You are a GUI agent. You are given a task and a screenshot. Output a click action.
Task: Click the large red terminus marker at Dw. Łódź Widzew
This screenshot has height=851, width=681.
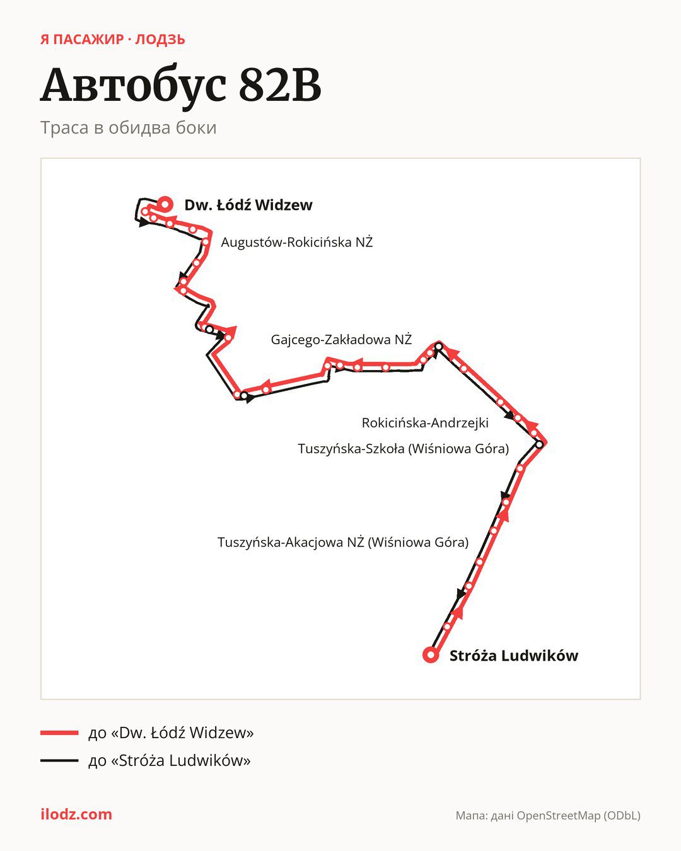[165, 204]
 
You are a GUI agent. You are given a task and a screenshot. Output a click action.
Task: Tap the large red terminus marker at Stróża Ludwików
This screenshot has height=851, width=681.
[431, 655]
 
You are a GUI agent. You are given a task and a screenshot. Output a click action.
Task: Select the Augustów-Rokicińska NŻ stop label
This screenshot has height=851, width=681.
[297, 242]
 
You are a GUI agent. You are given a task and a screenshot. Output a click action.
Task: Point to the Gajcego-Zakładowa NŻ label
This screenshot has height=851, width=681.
[341, 340]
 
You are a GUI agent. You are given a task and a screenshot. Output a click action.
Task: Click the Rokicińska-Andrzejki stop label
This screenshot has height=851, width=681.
[425, 423]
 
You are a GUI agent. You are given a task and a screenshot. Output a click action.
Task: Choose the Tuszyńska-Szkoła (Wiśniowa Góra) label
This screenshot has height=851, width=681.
[403, 449]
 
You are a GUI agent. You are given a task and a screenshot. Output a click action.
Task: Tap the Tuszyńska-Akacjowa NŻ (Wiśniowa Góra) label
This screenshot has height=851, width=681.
[343, 542]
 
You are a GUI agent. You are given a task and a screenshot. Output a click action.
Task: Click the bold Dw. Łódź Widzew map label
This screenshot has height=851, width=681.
[248, 205]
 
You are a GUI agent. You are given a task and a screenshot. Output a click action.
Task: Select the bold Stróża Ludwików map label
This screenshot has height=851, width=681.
[514, 656]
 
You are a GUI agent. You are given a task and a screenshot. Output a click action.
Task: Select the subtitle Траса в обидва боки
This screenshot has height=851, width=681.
[129, 127]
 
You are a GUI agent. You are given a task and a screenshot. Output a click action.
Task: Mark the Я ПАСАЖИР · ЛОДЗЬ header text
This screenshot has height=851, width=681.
[113, 40]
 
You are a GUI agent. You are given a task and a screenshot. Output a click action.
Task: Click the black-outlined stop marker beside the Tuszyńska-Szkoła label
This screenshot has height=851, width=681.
[539, 444]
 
